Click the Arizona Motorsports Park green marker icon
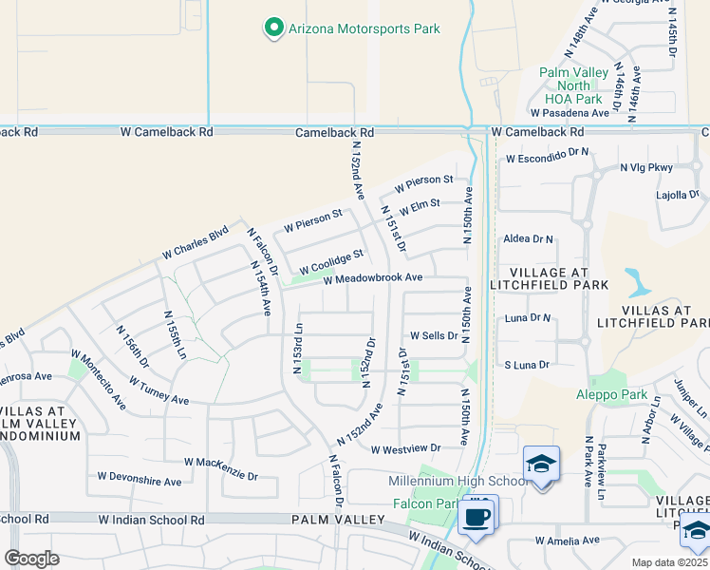[274, 28]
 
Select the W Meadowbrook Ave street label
[372, 278]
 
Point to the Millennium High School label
[458, 482]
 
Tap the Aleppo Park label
[611, 394]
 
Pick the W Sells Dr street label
[434, 336]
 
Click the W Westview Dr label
[406, 448]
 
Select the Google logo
[31, 558]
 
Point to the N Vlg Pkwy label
[645, 167]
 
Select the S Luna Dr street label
[527, 365]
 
